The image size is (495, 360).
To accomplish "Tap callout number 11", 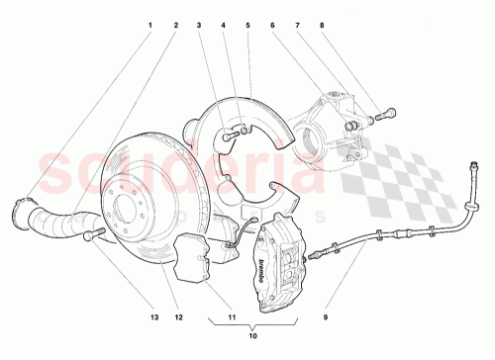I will click(231, 317).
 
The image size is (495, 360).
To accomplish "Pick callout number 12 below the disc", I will click(178, 317).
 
